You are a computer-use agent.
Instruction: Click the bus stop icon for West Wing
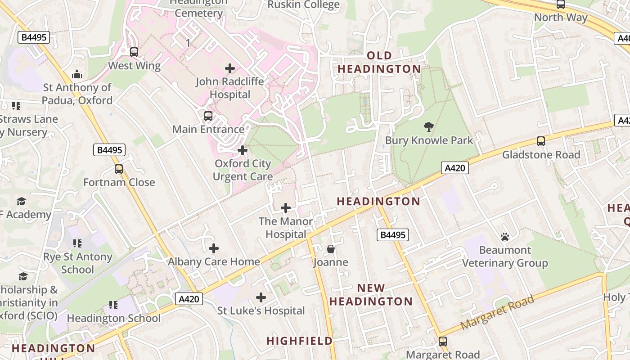point(134,52)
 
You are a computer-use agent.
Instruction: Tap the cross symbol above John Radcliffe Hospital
point(230,68)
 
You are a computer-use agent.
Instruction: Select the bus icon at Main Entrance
point(208,116)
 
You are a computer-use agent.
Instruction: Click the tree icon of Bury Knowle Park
point(429,127)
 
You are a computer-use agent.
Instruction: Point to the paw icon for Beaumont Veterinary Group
point(505,236)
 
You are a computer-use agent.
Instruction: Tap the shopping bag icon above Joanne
point(331,249)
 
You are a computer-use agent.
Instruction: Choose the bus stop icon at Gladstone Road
point(541,141)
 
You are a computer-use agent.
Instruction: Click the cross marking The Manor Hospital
point(286,208)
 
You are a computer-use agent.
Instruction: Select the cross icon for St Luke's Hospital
point(261,297)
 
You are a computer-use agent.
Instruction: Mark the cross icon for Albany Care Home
point(214,248)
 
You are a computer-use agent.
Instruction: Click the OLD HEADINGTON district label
point(379,62)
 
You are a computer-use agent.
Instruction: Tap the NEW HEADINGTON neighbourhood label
point(371,295)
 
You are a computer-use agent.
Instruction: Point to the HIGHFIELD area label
point(300,341)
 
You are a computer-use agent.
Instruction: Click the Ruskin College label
point(304,5)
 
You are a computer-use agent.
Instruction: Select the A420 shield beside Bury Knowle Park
point(454,168)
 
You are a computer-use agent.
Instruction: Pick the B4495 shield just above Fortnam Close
point(109,150)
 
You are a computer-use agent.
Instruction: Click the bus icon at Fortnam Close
point(119,169)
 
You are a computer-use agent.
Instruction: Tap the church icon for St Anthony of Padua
point(77,74)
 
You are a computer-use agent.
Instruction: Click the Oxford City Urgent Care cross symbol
point(243,150)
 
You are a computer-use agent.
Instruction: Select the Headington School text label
point(113,318)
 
